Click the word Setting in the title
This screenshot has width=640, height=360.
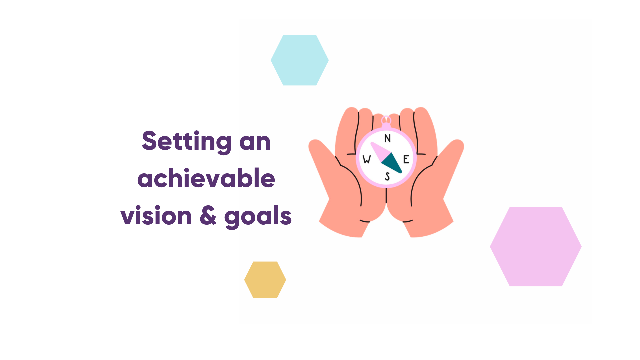[186, 141]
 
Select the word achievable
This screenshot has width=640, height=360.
[206, 178]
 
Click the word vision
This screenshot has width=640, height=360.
[156, 216]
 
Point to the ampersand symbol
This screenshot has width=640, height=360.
[208, 216]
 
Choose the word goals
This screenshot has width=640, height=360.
[258, 217]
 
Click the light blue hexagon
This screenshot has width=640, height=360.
[299, 60]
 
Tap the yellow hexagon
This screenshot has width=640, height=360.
[265, 280]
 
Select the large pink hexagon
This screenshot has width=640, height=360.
[535, 246]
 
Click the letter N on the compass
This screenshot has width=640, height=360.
[387, 138]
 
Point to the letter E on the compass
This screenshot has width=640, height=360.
[406, 159]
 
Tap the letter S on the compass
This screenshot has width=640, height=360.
[387, 176]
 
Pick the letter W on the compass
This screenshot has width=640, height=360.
[367, 159]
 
